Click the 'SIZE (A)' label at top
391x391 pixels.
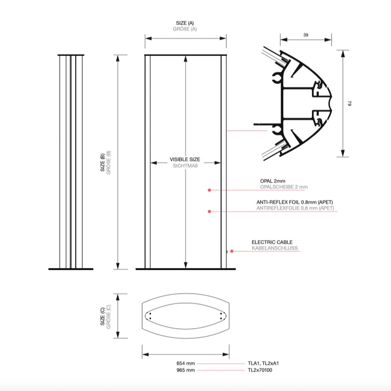coord(185,23)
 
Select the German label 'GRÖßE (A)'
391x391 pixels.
coord(185,29)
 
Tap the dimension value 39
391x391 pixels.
coord(306,35)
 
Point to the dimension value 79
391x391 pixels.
coord(350,104)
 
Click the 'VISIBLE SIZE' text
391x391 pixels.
coord(185,159)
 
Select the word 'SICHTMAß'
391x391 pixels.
coord(185,165)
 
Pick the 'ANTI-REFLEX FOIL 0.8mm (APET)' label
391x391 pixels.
coord(295,202)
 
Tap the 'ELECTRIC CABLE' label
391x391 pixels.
coord(272,242)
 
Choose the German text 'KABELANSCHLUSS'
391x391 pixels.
coord(275,248)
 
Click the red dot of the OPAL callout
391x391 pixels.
coord(209,190)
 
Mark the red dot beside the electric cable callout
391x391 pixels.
coord(232,251)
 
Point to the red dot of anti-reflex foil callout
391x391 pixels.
coord(209,211)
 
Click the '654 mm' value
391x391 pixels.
coord(185,363)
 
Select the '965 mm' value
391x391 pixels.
coord(185,370)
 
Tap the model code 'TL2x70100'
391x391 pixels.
coord(260,370)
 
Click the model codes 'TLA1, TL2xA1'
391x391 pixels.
coord(263,363)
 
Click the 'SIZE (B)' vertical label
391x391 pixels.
coord(102,162)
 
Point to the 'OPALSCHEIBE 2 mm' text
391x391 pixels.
coord(284,187)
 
